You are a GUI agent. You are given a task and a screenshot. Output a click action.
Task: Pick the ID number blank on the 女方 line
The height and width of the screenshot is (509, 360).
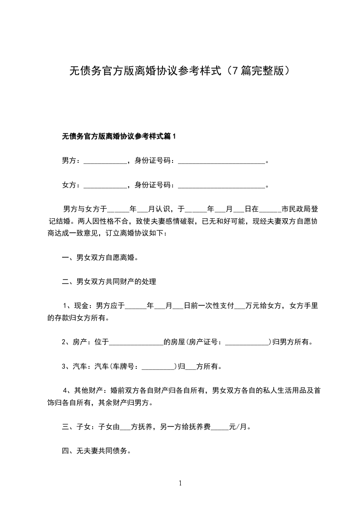tap(221, 185)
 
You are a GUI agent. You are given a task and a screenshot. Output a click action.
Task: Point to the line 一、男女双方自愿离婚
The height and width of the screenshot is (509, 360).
tap(100, 258)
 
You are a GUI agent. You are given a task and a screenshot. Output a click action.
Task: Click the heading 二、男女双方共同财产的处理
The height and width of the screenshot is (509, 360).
tap(109, 282)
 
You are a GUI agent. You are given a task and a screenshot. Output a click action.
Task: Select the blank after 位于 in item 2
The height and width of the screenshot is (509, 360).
tap(136, 342)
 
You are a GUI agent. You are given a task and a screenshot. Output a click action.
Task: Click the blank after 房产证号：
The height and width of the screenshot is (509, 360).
tap(247, 342)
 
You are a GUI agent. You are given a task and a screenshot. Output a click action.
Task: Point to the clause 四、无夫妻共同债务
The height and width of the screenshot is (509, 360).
tap(96, 451)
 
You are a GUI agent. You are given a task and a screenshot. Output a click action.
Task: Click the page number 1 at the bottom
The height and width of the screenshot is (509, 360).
tap(180, 483)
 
